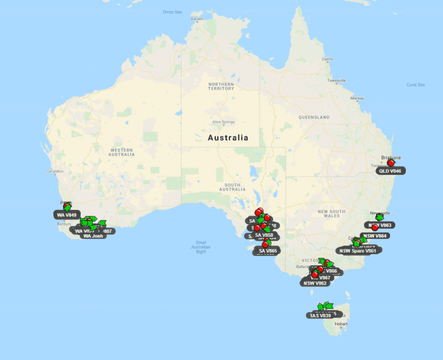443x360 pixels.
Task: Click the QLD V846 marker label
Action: (x=389, y=171)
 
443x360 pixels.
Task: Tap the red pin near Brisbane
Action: (x=391, y=163)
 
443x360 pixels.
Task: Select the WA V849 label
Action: (x=66, y=214)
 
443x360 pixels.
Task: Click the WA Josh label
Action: (x=93, y=236)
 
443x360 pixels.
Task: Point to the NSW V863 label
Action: (x=380, y=225)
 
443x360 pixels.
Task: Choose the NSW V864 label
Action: (x=376, y=235)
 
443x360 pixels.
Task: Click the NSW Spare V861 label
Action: (x=358, y=251)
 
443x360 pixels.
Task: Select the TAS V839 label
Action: (x=320, y=316)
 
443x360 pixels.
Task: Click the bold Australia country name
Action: (x=228, y=138)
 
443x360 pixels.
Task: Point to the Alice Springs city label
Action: (x=224, y=122)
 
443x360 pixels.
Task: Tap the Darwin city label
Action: (x=197, y=19)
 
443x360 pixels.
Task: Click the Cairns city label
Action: (x=327, y=59)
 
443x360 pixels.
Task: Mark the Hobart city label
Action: (x=341, y=323)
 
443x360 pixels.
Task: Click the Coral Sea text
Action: (x=415, y=85)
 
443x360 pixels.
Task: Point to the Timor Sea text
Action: (x=172, y=12)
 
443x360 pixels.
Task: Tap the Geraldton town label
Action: (x=55, y=172)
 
